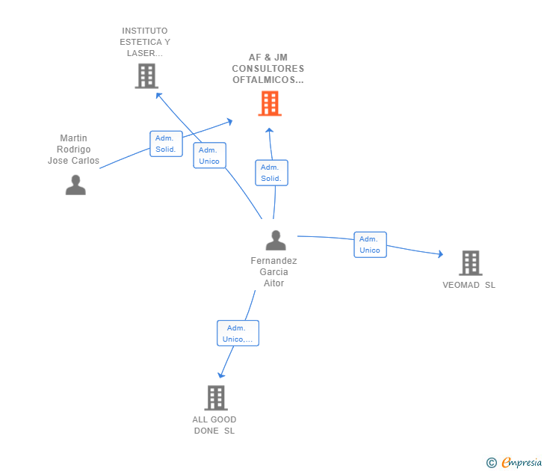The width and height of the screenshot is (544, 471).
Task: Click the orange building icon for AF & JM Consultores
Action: pos(269,103)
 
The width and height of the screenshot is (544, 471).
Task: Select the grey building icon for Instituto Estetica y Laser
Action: pos(146,76)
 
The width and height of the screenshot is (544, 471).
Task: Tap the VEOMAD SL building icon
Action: pos(470,263)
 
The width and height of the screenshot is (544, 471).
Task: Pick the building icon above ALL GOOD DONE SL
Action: pos(216,398)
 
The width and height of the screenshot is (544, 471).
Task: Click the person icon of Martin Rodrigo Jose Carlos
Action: pos(75,185)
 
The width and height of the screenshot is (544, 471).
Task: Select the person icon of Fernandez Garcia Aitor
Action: pos(276,241)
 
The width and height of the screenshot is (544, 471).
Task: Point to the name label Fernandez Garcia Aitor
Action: pos(273,272)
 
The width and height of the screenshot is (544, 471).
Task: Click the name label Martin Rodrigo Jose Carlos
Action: pos(73,150)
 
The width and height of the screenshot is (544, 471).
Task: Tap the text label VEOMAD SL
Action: pos(469,285)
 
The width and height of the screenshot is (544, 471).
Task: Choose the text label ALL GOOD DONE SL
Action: pos(214,425)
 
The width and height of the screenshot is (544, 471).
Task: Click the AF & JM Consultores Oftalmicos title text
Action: pos(268,69)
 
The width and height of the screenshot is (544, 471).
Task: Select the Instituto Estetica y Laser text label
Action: pos(145,42)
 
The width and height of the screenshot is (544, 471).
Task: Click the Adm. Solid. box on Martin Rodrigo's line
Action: pos(166,144)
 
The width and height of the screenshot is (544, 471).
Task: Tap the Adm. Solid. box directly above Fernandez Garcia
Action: pos(271,173)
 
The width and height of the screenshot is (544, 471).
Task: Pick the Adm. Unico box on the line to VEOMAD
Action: pos(370,244)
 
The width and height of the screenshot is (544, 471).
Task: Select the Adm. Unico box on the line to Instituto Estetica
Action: pos(209,156)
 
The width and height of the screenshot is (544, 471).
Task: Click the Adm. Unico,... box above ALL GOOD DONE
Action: pos(238,333)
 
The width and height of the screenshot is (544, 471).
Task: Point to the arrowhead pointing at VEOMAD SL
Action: pos(440,255)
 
